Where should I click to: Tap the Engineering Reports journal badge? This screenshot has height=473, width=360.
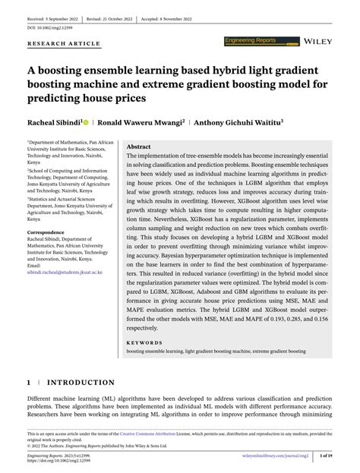255,38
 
